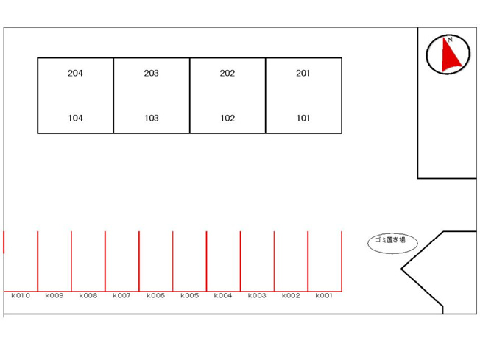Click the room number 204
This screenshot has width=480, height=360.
click(75, 73)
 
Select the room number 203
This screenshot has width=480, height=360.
click(151, 73)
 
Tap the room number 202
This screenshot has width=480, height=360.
click(227, 73)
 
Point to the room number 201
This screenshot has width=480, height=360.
click(303, 73)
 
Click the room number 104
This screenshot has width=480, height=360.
click(75, 119)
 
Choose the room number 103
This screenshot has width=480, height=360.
click(151, 119)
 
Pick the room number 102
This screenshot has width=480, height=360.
click(227, 119)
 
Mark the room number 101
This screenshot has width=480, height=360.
click(303, 119)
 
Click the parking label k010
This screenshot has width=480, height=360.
click(21, 296)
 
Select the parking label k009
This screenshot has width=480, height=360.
click(54, 296)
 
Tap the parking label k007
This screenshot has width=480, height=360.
click(121, 296)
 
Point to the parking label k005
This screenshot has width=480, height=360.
click(189, 296)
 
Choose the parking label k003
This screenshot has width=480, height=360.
click(257, 296)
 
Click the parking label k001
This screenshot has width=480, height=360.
click(324, 296)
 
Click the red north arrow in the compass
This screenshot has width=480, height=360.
click(450, 55)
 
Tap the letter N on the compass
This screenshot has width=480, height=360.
click(450, 40)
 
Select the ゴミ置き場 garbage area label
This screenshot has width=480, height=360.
click(390, 240)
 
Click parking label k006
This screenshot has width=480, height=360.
click(155, 296)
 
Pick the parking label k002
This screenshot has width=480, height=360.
click(291, 296)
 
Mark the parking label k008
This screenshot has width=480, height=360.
click(88, 296)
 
